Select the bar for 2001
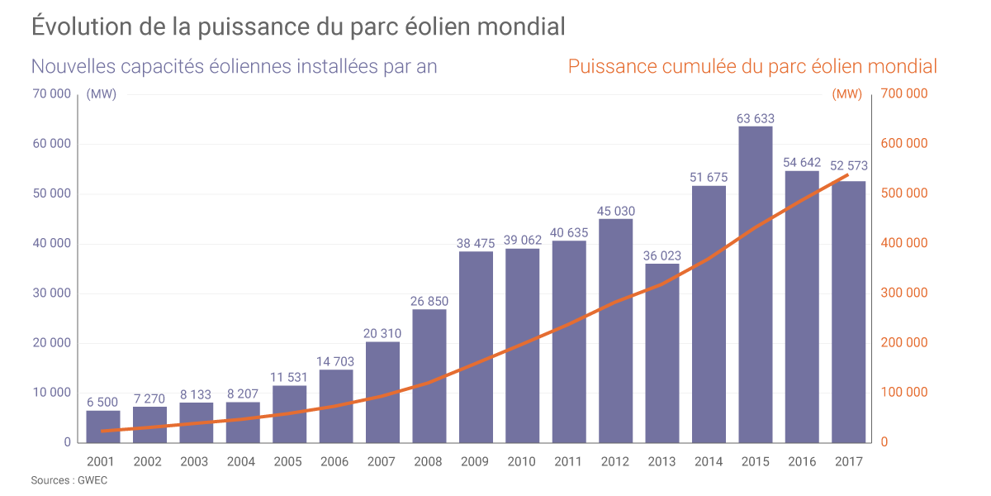coord(102,426)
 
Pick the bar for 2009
coord(476,346)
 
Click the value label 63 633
coord(755,119)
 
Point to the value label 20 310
coord(382,334)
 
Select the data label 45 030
coord(615,211)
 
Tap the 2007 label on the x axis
coord(382,462)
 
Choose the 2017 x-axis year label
coord(848,462)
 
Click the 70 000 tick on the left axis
coord(51,93)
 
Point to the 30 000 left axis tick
coord(51,293)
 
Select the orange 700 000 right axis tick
coord(905,93)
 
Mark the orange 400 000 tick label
coord(905,243)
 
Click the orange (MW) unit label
coord(848,93)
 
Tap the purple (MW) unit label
coord(101,93)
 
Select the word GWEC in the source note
coord(93,480)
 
